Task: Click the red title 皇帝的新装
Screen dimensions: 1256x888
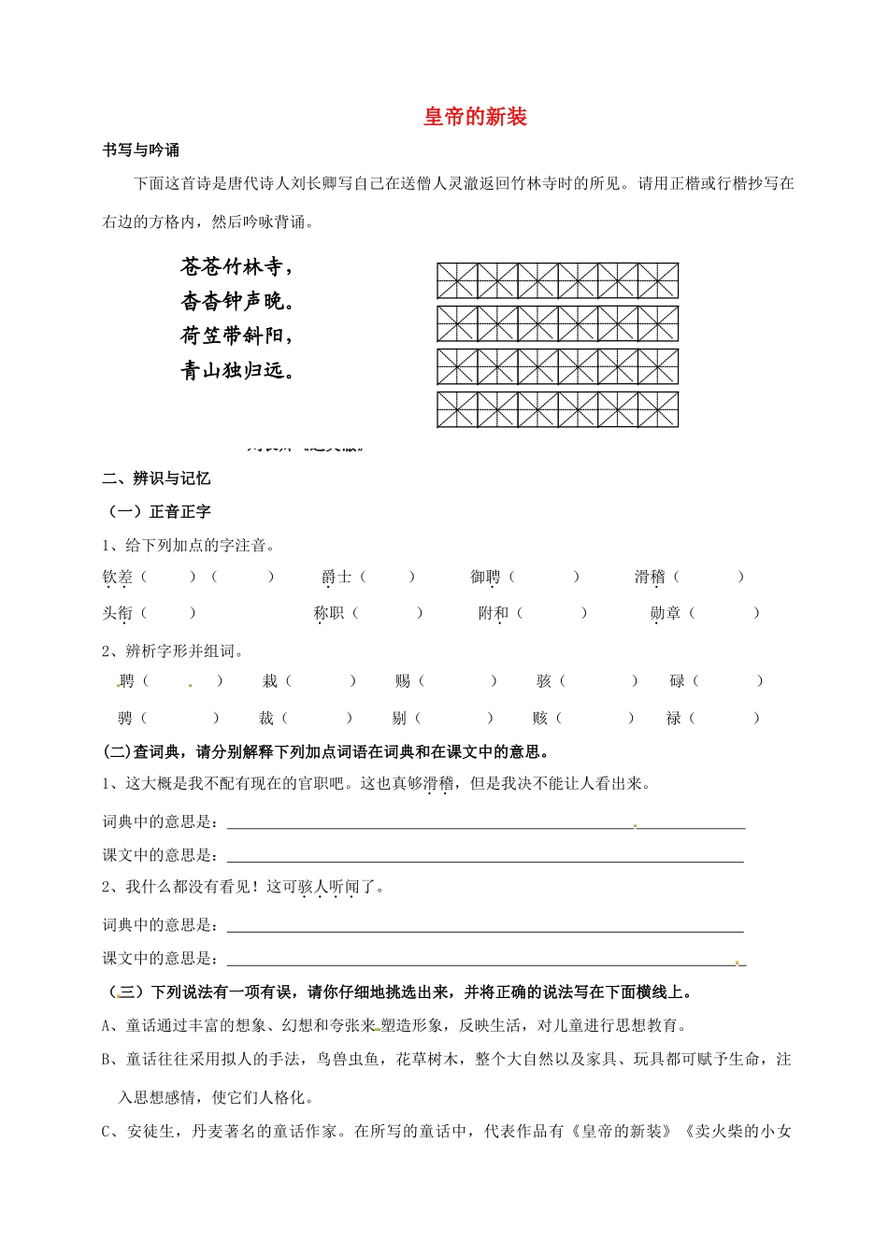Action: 476,117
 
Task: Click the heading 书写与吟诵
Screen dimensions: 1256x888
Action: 140,150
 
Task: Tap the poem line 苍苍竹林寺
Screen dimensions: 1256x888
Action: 236,267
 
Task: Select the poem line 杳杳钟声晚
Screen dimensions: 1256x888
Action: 237,301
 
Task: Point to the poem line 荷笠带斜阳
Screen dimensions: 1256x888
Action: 236,335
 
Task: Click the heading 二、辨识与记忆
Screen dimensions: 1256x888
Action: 156,478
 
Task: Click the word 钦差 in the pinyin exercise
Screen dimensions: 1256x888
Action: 118,578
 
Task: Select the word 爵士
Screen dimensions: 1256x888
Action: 337,578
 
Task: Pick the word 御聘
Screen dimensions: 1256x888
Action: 485,578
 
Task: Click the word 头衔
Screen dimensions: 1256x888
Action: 118,613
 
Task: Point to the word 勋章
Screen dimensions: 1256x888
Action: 665,613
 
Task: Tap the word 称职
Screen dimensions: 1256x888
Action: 328,613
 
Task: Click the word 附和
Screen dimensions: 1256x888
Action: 493,613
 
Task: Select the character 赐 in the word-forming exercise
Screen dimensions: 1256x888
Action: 403,681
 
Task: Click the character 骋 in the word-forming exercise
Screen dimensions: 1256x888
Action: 125,719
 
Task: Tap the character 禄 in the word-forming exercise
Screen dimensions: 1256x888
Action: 673,719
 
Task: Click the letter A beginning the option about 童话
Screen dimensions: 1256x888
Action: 107,1026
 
